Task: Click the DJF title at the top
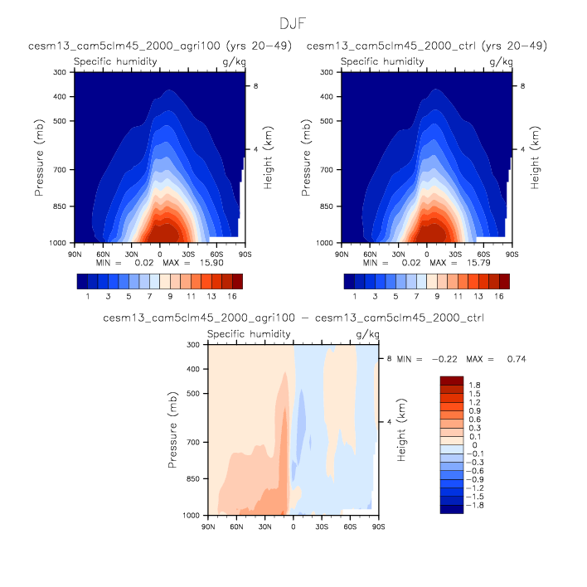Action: pyautogui.click(x=293, y=23)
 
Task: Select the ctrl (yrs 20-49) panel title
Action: pyautogui.click(x=427, y=46)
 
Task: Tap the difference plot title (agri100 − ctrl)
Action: pyautogui.click(x=293, y=318)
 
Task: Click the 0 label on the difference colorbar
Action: pyautogui.click(x=473, y=445)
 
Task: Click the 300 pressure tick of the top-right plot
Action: pyautogui.click(x=332, y=72)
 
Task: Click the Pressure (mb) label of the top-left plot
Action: pyautogui.click(x=40, y=158)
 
